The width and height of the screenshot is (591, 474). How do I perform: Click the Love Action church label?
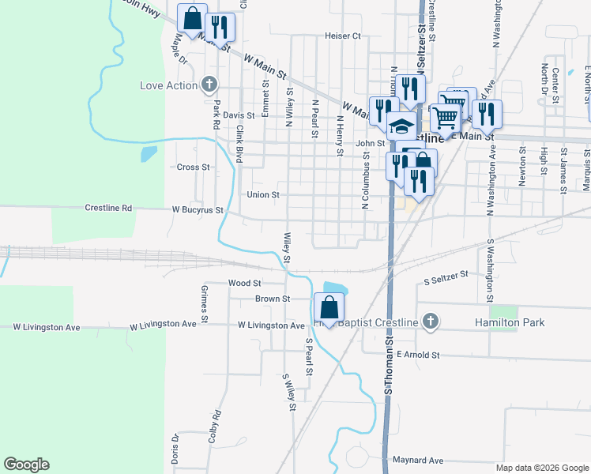168,85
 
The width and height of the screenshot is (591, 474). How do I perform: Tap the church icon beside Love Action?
209,85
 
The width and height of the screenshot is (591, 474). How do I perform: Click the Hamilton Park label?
510,322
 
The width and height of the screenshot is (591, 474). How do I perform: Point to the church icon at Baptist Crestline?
429,322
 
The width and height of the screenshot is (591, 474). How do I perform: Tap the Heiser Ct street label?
342,36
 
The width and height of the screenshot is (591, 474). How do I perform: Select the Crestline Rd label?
108,209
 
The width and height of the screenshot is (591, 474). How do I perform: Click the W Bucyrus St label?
198,211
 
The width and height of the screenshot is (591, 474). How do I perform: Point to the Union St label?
263,194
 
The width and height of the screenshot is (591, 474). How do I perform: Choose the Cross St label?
193,167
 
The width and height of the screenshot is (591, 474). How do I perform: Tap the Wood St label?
244,282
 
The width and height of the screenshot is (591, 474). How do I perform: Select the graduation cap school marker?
401,126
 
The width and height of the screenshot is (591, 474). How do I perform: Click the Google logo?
26,465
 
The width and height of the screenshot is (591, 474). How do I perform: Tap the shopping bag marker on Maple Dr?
192,18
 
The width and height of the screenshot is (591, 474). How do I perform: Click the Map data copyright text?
541,468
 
